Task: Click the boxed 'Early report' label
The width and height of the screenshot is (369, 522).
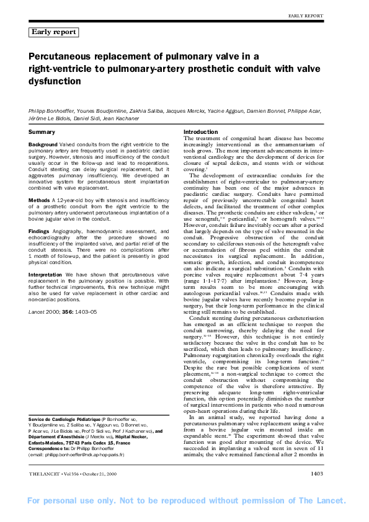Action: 53,32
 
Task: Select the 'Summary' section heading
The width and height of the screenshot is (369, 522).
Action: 42,132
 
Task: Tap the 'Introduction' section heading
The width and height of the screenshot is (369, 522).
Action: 201,132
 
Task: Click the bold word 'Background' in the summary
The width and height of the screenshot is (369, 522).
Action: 43,144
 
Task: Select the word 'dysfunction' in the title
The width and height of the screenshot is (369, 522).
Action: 55,81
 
